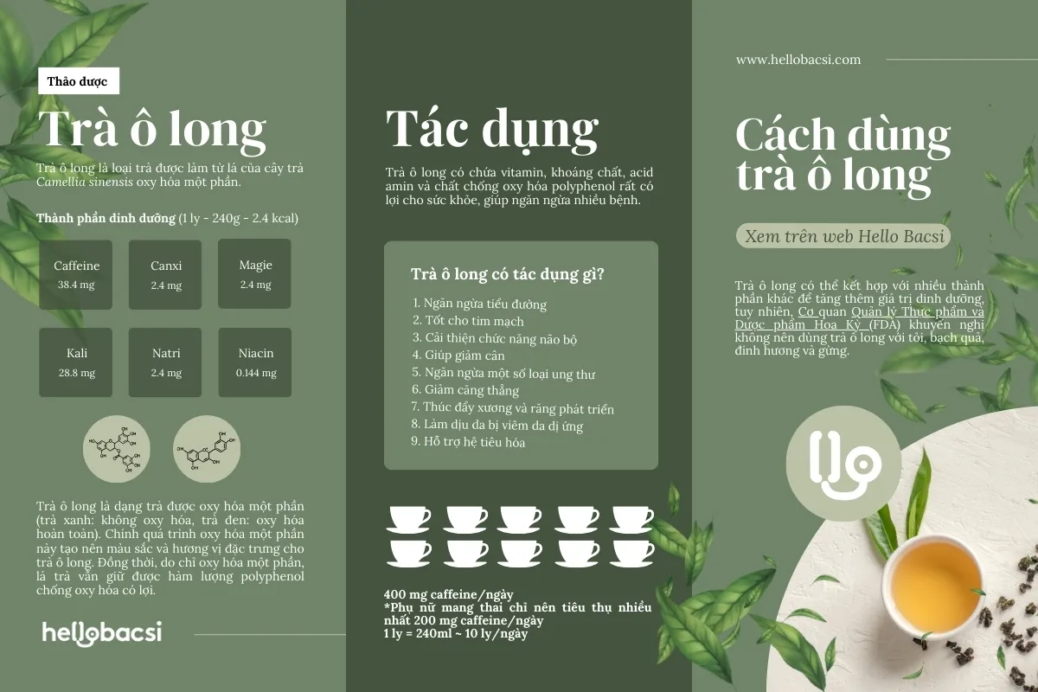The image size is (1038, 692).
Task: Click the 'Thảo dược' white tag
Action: pos(78,81)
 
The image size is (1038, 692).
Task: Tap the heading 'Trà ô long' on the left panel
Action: pos(152,130)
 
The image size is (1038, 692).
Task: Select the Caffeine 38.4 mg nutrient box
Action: pos(76,274)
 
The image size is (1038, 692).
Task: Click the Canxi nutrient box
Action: pos(165,274)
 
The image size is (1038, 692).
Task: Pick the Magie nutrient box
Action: pos(255,273)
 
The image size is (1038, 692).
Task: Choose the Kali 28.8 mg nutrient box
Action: pos(76,362)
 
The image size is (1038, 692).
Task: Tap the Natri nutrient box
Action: pos(165,362)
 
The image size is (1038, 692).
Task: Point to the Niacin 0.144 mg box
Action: pos(255,362)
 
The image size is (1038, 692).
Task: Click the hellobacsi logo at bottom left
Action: pos(102,632)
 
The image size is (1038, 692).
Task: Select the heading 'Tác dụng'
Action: pos(491,129)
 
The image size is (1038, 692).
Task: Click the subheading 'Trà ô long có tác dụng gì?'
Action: pos(507,275)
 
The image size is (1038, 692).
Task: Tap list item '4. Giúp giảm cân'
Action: pos(458,356)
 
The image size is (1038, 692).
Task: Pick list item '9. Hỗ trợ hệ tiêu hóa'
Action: pos(468,442)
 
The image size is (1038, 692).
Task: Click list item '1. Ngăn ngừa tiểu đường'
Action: pos(478,304)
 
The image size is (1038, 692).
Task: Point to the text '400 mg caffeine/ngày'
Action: pos(449,594)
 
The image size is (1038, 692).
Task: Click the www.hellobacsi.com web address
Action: pos(798,60)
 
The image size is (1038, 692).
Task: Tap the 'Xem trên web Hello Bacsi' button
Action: pos(842,236)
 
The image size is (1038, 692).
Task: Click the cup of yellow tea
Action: pos(936,577)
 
